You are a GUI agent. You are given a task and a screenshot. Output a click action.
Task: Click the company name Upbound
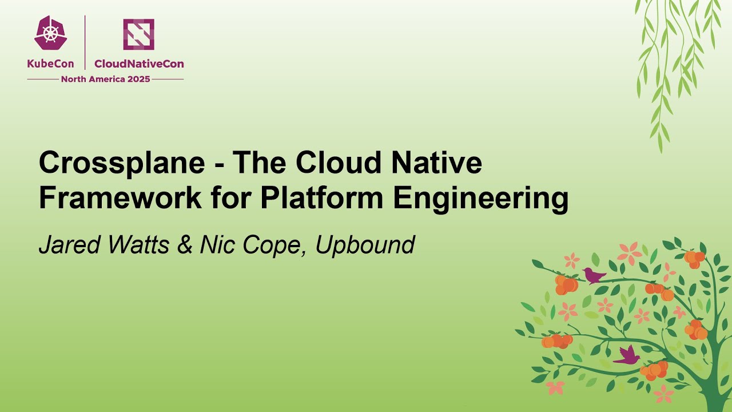click(365, 245)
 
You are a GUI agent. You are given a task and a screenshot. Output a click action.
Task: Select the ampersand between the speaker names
click(184, 245)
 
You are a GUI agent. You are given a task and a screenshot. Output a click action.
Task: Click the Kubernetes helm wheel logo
click(50, 34)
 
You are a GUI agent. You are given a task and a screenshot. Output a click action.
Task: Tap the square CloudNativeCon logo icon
click(138, 34)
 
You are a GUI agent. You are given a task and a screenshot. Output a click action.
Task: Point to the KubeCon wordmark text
click(50, 64)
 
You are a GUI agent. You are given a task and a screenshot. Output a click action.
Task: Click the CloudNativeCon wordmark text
click(139, 64)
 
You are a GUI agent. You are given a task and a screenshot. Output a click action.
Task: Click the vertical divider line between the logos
click(85, 42)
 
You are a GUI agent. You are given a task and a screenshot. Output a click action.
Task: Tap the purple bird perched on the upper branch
click(594, 275)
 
